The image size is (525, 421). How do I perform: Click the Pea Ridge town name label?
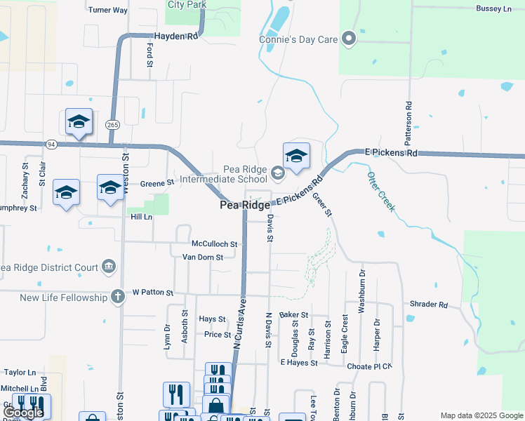coord(244,205)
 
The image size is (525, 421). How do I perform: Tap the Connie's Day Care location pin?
coord(349,39)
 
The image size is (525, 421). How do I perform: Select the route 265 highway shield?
coord(112,124)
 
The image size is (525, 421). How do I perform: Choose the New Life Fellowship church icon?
coord(117,298)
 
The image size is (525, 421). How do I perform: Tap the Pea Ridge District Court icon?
coord(108,267)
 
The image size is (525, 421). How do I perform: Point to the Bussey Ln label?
coord(493,8)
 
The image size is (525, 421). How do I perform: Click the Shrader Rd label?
coord(429,305)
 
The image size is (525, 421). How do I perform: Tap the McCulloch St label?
coord(215,244)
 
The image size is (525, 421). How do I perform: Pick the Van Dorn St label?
coord(202,257)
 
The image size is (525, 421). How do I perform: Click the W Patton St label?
coord(152,292)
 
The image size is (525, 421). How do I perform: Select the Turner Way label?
coord(108,11)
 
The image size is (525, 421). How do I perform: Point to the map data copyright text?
coord(481,415)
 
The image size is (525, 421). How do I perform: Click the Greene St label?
coord(157,183)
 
